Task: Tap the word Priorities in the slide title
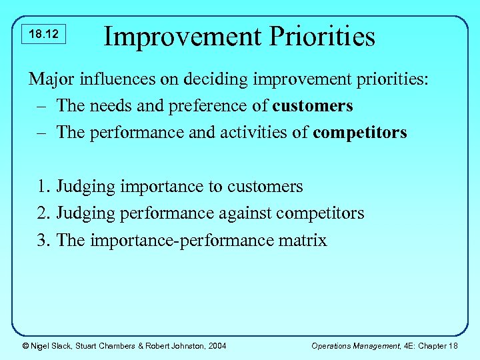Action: pos(327,36)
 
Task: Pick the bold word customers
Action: pos(313,106)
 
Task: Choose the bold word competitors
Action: pos(359,132)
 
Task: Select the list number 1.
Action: pos(43,187)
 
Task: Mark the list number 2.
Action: pos(43,213)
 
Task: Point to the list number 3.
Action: pos(43,240)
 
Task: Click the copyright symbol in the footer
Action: pos(25,345)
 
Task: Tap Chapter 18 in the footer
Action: pos(437,345)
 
